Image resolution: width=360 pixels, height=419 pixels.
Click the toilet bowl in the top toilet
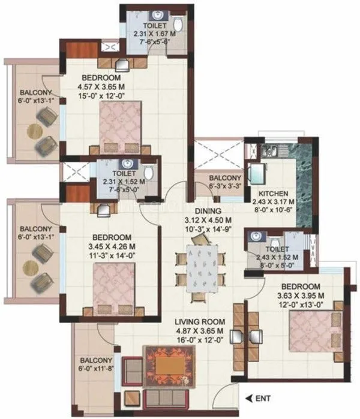(178, 25)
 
